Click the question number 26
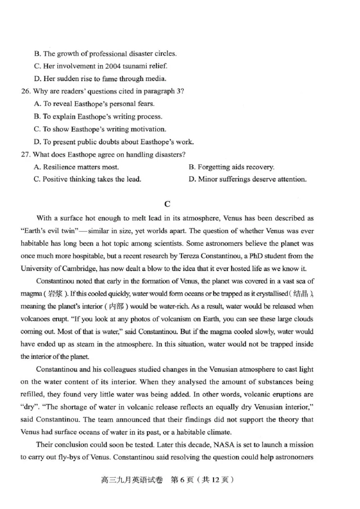coord(27,91)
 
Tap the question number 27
coord(27,155)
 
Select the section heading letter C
coord(167,204)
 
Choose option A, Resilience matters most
coord(76,167)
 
